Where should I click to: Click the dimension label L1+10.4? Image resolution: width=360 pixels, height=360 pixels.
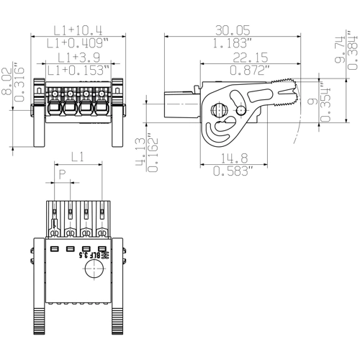pyautogui.click(x=78, y=30)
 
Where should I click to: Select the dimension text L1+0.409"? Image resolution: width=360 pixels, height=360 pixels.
pyautogui.click(x=78, y=43)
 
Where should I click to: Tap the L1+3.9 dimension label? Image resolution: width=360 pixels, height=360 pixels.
pyautogui.click(x=78, y=56)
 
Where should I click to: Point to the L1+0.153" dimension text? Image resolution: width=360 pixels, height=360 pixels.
pyautogui.click(x=78, y=69)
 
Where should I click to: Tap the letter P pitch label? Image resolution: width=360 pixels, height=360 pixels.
pyautogui.click(x=63, y=175)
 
